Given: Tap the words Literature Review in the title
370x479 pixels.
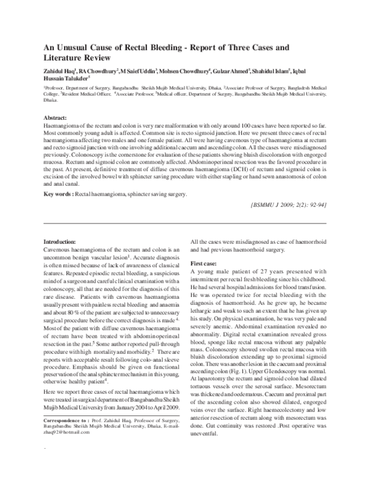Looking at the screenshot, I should point(77,58).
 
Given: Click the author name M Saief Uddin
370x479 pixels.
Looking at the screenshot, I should point(139,72).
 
